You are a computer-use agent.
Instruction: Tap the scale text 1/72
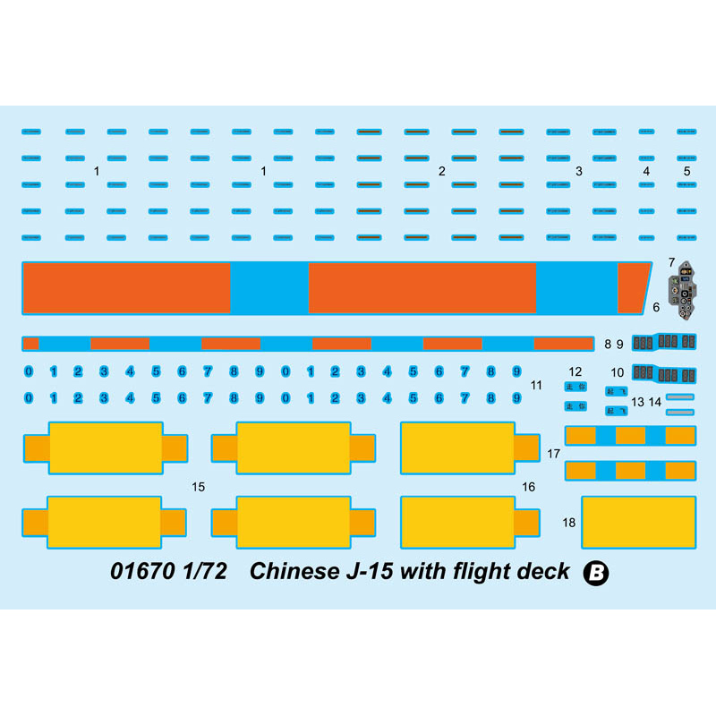[205, 572]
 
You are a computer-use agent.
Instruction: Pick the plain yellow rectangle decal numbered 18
[638, 522]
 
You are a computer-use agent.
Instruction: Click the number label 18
[569, 522]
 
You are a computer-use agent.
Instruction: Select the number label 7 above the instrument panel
[671, 263]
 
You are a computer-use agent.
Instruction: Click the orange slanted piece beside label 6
[634, 286]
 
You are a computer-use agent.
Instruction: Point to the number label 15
[199, 487]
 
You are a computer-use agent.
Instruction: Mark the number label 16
[529, 487]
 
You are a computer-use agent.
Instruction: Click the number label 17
[554, 454]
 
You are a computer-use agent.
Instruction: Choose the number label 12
[575, 371]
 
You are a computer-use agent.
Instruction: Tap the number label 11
[537, 386]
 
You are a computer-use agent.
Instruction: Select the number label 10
[618, 371]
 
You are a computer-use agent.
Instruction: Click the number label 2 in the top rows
[441, 170]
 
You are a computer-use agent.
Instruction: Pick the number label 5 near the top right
[687, 170]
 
